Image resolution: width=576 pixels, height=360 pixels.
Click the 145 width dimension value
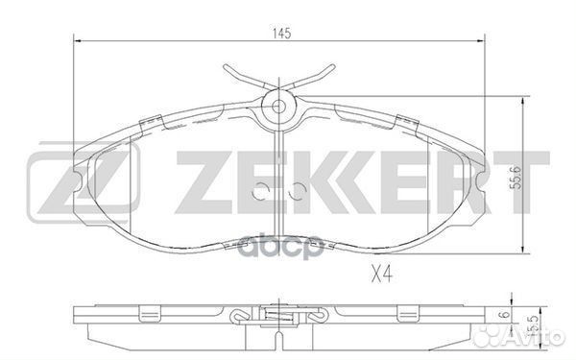click(x=281, y=34)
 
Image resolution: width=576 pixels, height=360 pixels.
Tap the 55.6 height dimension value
click(x=516, y=178)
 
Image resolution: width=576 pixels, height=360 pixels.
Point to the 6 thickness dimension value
click(x=506, y=315)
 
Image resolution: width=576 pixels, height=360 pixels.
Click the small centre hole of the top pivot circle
click(x=278, y=107)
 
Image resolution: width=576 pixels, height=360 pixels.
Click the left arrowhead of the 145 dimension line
click(x=78, y=40)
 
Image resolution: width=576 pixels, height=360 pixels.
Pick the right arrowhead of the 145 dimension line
click(x=481, y=40)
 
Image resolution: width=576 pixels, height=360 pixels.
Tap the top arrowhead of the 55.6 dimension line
click(x=522, y=102)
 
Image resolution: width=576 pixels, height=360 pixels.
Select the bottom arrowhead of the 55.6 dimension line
click(x=522, y=249)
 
